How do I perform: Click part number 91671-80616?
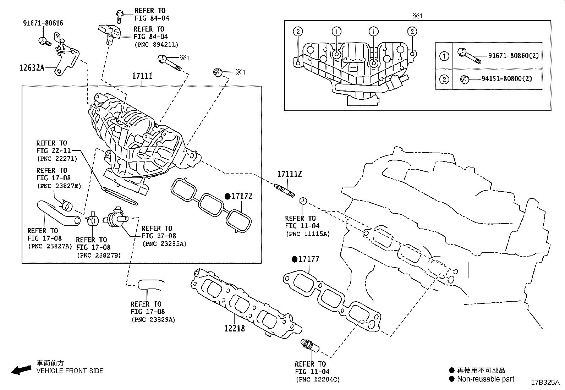pos(43,23)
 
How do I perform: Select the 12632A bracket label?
pos(32,67)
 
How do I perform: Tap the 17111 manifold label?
pos(142,76)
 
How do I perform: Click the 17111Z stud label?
pos(289,174)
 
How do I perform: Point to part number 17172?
pos(242,196)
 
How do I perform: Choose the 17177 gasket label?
pos(309,259)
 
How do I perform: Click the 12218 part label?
pos(234,328)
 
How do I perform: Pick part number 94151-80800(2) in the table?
pos(506,79)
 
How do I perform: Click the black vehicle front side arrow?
pos(21,370)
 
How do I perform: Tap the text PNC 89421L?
pos(156,45)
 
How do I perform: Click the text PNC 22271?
pos(57,159)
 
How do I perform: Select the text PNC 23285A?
pos(164,244)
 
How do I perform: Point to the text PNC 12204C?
pos(317,380)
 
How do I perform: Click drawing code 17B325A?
pos(545,383)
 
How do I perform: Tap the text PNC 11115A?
pos(307,234)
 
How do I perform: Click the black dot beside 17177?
pos(294,259)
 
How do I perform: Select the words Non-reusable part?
pos(486,379)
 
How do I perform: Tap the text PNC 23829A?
pos(153,320)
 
